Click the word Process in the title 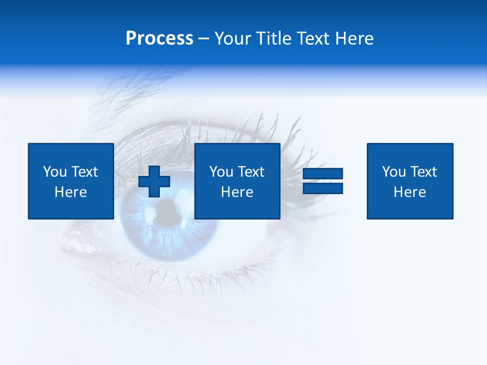point(159,39)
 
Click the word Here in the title point(354,39)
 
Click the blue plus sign point(154,181)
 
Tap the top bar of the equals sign point(323,174)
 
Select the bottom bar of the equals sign point(323,188)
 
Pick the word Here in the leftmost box point(71,192)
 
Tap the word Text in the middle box point(251,172)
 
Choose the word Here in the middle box point(237,192)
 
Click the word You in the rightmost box point(394,172)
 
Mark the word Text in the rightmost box point(423,172)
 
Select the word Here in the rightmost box point(409,192)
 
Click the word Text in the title point(311,39)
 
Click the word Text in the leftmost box point(84,172)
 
